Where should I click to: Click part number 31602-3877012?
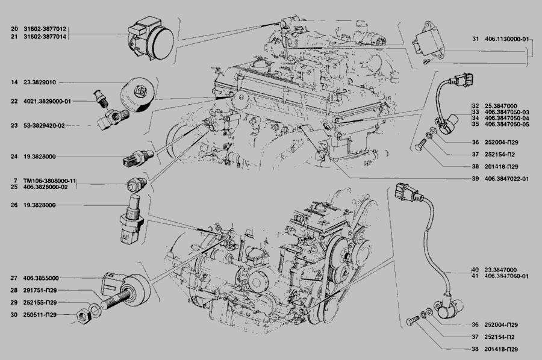(x=45, y=29)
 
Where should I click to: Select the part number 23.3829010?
(x=39, y=82)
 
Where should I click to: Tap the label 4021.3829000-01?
(x=47, y=102)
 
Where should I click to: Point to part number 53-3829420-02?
(x=44, y=126)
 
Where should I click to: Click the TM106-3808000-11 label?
(x=49, y=181)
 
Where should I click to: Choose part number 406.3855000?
(x=41, y=278)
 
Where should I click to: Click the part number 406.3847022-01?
(x=506, y=179)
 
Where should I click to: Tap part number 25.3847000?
(x=501, y=106)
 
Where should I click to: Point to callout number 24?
(x=14, y=157)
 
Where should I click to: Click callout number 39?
(x=475, y=179)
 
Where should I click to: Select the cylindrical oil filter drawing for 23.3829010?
(x=135, y=95)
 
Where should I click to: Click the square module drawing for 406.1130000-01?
(x=428, y=43)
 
